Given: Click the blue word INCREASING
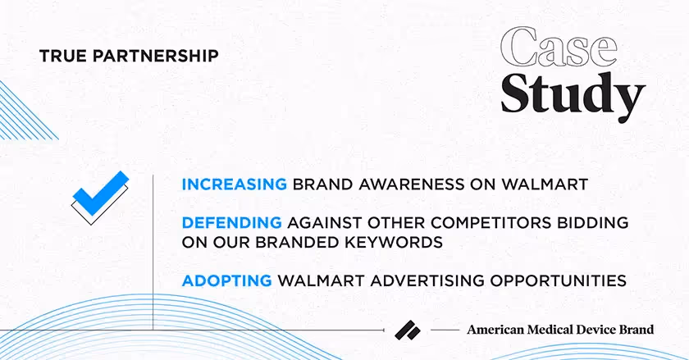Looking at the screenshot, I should (234, 185).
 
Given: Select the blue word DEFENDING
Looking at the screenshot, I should (231, 223).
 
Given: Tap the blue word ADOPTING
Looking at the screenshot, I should (226, 280).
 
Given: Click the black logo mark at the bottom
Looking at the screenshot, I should (407, 329).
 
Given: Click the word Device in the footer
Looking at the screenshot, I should (599, 330).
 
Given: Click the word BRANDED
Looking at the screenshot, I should (321, 243).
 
